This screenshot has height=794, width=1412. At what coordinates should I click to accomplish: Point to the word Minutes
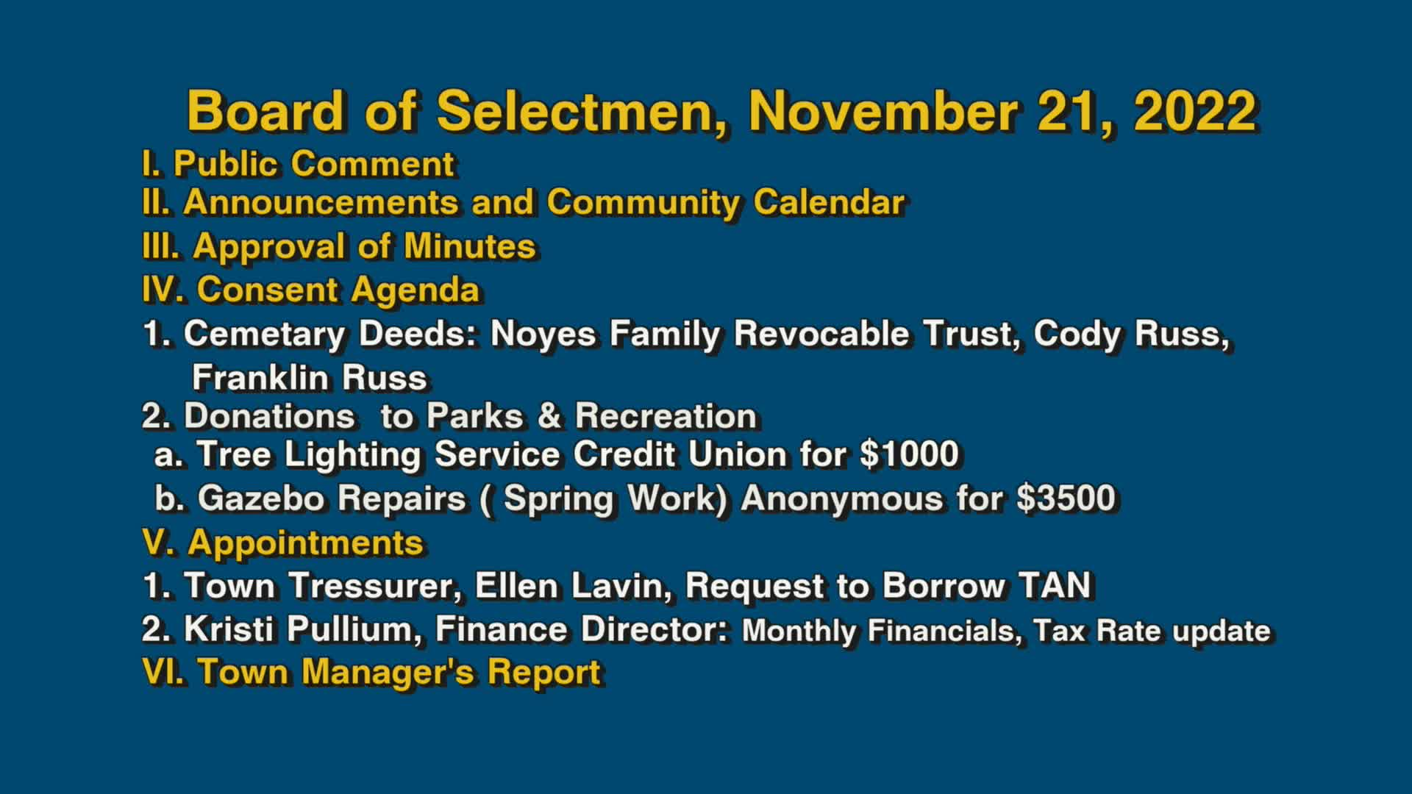(x=470, y=246)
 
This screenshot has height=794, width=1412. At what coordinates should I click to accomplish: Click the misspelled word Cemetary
(x=264, y=335)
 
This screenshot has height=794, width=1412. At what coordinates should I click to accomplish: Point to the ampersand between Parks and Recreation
(x=549, y=416)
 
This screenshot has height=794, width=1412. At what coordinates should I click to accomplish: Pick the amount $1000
(x=910, y=454)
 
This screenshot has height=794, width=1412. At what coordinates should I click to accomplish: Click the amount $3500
(x=1066, y=498)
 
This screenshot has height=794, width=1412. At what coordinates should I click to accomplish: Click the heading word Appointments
(x=306, y=543)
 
